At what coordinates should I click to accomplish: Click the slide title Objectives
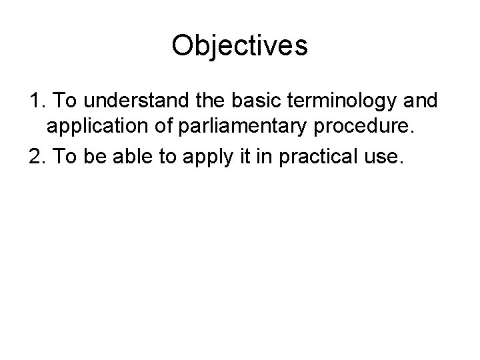point(239,45)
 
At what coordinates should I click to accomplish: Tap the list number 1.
point(36,101)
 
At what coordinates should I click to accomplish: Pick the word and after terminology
point(421,101)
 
